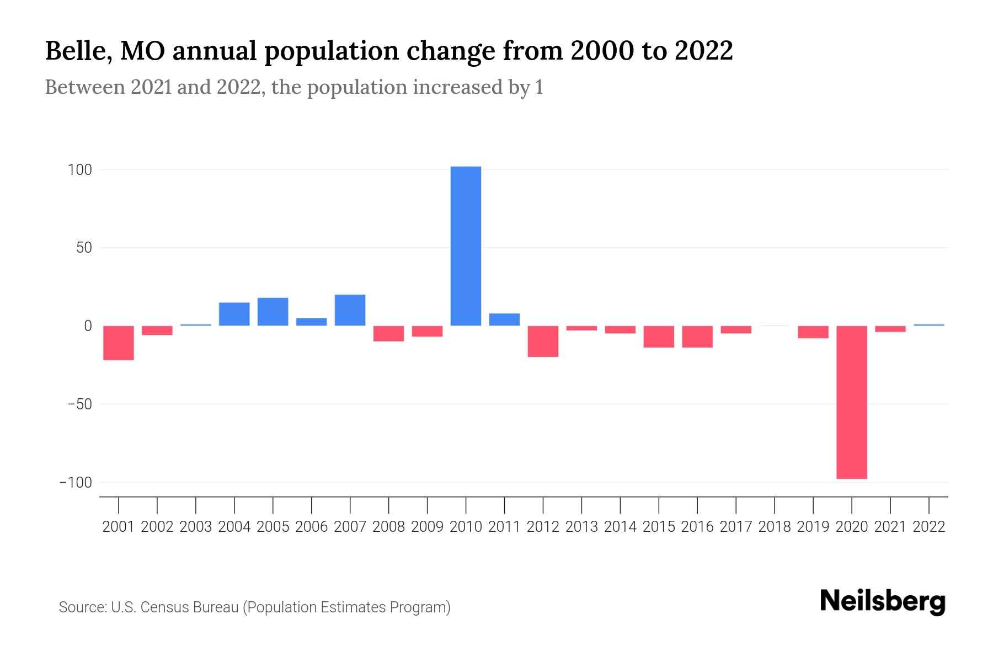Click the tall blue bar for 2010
pos(466,245)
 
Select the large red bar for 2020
pos(851,402)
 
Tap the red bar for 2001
pos(119,343)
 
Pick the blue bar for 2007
pos(350,310)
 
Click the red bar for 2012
pos(543,341)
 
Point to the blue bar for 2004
pos(234,314)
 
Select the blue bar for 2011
pos(504,319)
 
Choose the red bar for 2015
pos(659,337)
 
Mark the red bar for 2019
pos(813,332)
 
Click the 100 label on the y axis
pos(79,170)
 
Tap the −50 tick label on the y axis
pos(79,404)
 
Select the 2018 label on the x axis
pos(775,527)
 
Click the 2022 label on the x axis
pos(929,527)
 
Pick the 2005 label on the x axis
pos(273,527)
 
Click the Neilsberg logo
pos(883,601)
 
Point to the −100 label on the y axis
pos(76,483)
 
